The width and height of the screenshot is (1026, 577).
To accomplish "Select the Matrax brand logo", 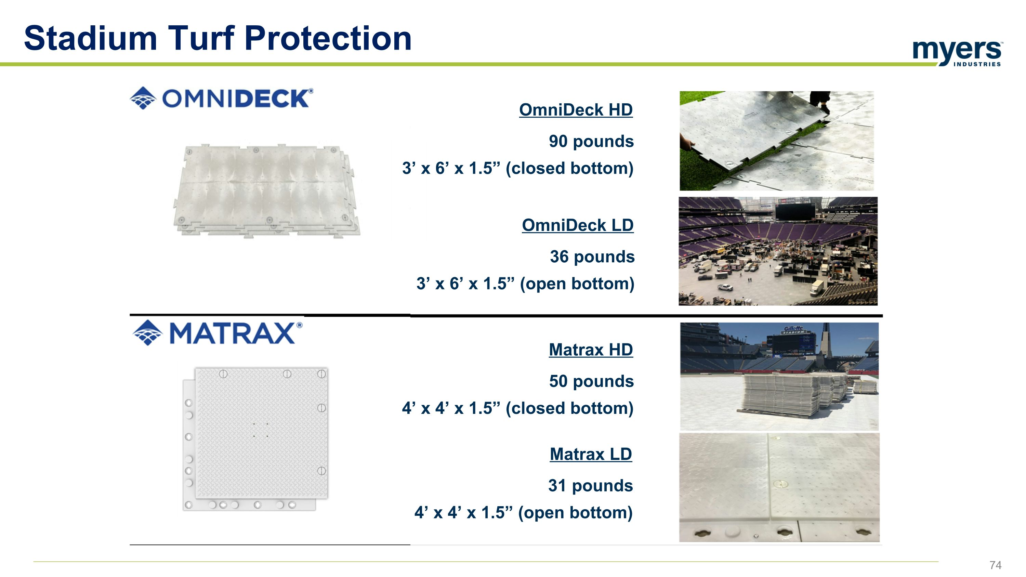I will tap(218, 333).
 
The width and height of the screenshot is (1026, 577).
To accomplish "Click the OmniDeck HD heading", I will tap(576, 110).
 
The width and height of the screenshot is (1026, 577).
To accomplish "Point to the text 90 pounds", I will tap(591, 141).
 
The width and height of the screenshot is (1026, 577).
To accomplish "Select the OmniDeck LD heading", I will tap(577, 226).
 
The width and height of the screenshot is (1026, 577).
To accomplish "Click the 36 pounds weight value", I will tap(592, 257).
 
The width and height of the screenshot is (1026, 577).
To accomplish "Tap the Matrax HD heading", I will tap(590, 350).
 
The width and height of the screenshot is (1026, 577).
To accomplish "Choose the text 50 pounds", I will tap(591, 381).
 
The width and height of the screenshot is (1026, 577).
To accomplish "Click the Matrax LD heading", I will tap(590, 454).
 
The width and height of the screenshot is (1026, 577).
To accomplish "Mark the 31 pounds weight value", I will tap(590, 486).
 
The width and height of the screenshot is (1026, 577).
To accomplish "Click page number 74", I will tap(995, 565).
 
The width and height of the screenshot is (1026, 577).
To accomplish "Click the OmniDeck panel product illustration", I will tap(266, 191).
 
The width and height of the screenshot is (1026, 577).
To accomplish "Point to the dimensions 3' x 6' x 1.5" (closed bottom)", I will tap(517, 168).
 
